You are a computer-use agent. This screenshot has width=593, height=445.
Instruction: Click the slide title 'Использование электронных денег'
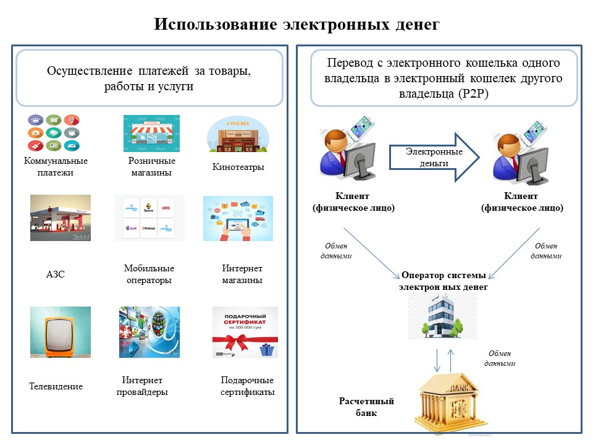(x=296, y=24)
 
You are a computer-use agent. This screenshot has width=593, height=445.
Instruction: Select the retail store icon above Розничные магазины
(x=151, y=133)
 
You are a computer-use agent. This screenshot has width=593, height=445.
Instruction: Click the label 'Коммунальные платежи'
(x=56, y=167)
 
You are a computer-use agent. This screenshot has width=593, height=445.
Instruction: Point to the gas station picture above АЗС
(x=61, y=218)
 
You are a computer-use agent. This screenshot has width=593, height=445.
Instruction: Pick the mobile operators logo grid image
(x=145, y=218)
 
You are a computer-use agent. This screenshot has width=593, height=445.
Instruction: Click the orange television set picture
(x=61, y=332)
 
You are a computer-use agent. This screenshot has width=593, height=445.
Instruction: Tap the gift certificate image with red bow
(x=245, y=332)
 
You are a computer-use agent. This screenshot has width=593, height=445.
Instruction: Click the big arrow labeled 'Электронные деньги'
(x=435, y=157)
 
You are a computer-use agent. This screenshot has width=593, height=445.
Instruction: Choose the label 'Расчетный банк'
(x=366, y=407)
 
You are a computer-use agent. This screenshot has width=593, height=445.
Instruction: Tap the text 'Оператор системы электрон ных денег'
(x=443, y=281)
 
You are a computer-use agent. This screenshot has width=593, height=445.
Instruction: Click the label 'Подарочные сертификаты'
(x=247, y=386)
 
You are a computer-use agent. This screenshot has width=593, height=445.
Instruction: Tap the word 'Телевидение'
(x=56, y=386)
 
